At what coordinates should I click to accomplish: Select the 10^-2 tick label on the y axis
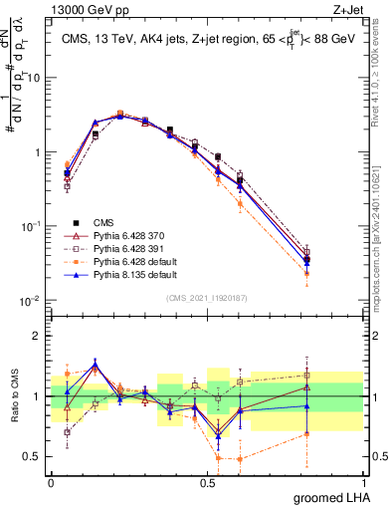coord(33,300)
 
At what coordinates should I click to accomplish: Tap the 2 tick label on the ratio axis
coord(37,336)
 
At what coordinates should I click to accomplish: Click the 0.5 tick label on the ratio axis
coord(33,457)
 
